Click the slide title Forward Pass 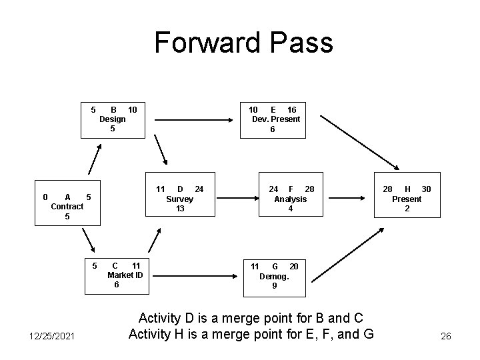tap(243, 42)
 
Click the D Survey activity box tap(179, 199)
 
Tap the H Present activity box tap(407, 199)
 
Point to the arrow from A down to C tap(88, 241)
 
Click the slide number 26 tap(445, 337)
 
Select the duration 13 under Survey tap(179, 209)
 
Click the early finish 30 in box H tap(426, 189)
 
